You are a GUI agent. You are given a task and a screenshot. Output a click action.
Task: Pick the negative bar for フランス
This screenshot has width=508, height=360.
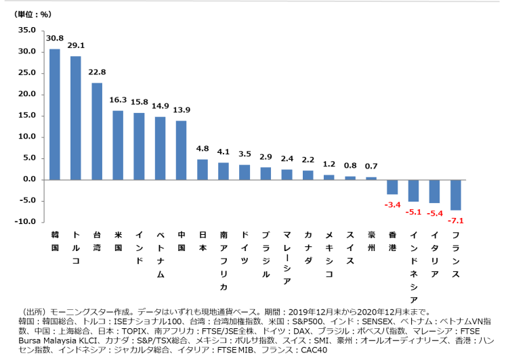[456, 194]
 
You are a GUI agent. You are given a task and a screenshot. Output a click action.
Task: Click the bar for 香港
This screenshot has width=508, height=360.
[392, 186]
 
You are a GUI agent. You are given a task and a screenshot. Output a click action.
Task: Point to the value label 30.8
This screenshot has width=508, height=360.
[55, 39]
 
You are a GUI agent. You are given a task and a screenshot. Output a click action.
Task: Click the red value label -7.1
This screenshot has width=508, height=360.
[456, 220]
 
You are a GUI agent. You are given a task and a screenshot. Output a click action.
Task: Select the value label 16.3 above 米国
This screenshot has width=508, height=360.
[118, 99]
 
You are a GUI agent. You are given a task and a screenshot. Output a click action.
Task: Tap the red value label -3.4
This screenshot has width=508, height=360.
[393, 204]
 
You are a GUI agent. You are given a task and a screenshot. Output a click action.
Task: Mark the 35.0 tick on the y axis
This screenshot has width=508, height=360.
[26, 30]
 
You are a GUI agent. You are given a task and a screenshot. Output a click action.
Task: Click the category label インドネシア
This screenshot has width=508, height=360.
[413, 267]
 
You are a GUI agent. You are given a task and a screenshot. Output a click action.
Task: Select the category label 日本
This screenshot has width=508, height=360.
[202, 240]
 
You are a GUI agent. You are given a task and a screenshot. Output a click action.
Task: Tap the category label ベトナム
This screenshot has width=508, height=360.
[161, 254]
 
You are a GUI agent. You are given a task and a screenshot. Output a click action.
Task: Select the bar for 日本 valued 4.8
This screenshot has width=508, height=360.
[202, 169]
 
